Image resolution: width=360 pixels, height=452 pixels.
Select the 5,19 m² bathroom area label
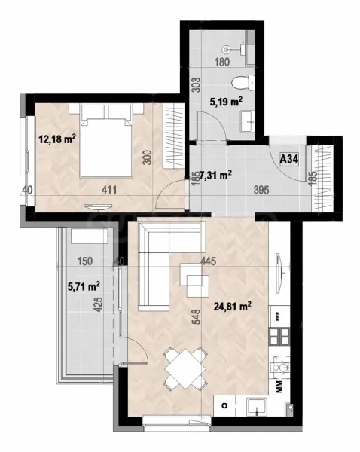tap(225, 101)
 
